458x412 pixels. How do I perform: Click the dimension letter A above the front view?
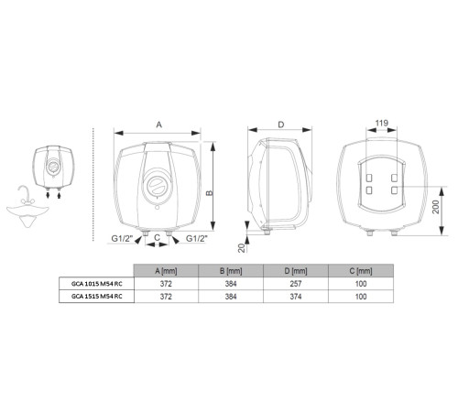pos(158,123)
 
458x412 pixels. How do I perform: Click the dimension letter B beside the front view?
pos(210,192)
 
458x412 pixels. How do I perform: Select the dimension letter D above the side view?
pos(280,123)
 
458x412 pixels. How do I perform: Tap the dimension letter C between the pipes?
pos(158,237)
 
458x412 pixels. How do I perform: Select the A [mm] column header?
pos(165,271)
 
